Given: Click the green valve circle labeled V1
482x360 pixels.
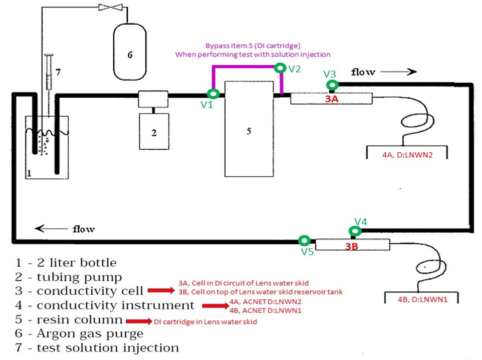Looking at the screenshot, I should tap(213, 93).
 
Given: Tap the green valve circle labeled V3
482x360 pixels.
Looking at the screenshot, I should tap(331, 85).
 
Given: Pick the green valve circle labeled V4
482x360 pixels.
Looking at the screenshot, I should tap(355, 231).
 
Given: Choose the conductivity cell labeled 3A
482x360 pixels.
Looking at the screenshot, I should tap(331, 99).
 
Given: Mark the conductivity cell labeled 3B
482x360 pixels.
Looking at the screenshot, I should tap(352, 245).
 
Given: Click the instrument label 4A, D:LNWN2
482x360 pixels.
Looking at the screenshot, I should tap(407, 155).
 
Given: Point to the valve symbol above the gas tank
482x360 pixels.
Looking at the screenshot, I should tap(108, 7).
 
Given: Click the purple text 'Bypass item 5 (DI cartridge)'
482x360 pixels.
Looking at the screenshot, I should tap(253, 46).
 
